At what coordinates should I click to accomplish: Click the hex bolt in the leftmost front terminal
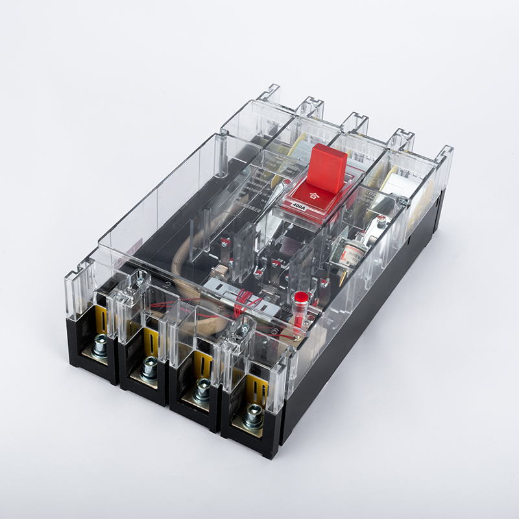[x=100, y=347]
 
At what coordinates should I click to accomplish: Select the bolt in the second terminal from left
[x=149, y=368]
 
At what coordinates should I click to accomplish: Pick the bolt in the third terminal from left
[x=202, y=389]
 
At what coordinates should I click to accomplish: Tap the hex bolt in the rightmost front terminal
[x=253, y=413]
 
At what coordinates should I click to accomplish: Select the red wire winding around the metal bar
[x=250, y=302]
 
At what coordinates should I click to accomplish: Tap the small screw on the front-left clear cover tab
[x=138, y=281]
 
